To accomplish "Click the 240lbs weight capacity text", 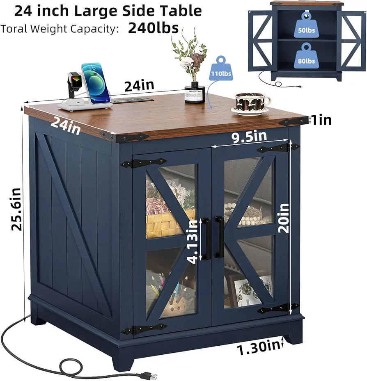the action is pyautogui.click(x=153, y=28).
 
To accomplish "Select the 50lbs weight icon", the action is pyautogui.click(x=306, y=25).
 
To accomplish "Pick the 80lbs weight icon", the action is pyautogui.click(x=306, y=56).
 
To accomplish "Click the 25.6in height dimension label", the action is pyautogui.click(x=16, y=209).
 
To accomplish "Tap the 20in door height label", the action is pyautogui.click(x=283, y=218).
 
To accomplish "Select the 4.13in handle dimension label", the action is pyautogui.click(x=193, y=242).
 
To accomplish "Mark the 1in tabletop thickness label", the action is pyautogui.click(x=321, y=120).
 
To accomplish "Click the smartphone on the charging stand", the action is pyautogui.click(x=95, y=82).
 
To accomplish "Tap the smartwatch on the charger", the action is pyautogui.click(x=74, y=84).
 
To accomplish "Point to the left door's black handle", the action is pyautogui.click(x=206, y=239).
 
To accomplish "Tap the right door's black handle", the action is pyautogui.click(x=219, y=237).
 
